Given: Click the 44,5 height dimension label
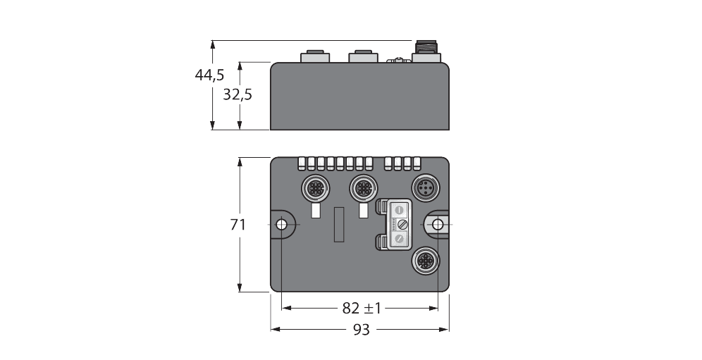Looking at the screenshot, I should pyautogui.click(x=210, y=75).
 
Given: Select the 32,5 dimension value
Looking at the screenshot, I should pyautogui.click(x=238, y=94).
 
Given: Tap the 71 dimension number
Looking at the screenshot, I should pyautogui.click(x=238, y=225).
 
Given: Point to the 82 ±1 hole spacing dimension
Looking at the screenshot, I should pyautogui.click(x=360, y=308).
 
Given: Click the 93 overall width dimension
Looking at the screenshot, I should pyautogui.click(x=360, y=329).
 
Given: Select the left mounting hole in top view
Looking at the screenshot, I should pyautogui.click(x=281, y=224).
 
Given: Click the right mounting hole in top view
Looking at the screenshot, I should pyautogui.click(x=438, y=224).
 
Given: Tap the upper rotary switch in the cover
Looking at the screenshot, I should pyautogui.click(x=400, y=209).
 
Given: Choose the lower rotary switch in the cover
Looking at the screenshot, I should pyautogui.click(x=400, y=240).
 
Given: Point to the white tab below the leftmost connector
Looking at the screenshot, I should pyautogui.click(x=315, y=211).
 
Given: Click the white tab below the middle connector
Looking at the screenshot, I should pyautogui.click(x=364, y=211).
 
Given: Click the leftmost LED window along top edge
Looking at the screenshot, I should pyautogui.click(x=302, y=163).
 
